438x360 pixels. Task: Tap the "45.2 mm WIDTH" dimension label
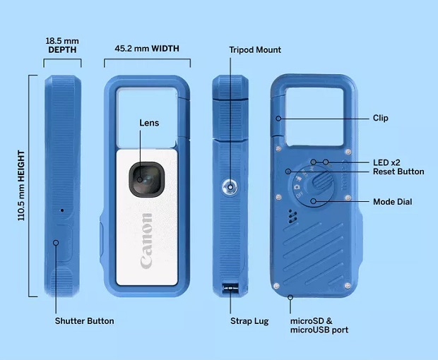click(147, 49)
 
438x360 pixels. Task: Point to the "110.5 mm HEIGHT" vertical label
click(21, 184)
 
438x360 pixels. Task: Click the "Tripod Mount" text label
click(255, 50)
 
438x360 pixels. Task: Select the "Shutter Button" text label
click(84, 321)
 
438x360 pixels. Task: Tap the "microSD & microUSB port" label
click(319, 325)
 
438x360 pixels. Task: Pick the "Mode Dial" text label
click(392, 202)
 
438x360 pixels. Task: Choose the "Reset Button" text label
click(398, 172)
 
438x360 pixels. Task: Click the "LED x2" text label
click(387, 162)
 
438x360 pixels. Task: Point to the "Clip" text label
click(380, 118)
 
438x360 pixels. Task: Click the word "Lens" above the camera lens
click(149, 123)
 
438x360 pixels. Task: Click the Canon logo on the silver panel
click(146, 240)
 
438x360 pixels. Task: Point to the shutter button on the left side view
click(57, 243)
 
